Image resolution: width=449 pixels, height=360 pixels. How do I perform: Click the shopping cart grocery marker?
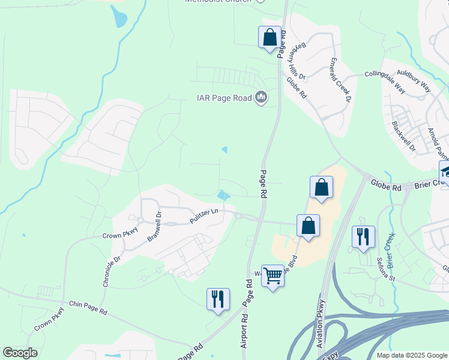click(x=273, y=276)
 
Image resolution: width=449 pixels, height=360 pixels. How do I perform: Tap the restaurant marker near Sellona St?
click(x=363, y=237)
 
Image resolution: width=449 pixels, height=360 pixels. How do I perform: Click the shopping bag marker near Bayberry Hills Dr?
click(x=270, y=37)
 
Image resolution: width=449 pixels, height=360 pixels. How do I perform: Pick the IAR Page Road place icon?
click(x=261, y=97)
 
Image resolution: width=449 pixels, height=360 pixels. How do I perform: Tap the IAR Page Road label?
click(x=225, y=98)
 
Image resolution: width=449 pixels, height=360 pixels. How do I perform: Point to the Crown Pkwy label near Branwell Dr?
click(x=120, y=236)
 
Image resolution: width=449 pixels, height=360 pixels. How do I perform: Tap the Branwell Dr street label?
click(x=154, y=226)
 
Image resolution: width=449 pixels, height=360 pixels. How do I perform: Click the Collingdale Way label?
click(x=384, y=80)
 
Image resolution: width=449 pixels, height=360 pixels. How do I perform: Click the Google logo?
click(x=20, y=352)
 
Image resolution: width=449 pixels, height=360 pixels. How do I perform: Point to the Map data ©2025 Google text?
click(x=411, y=355)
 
